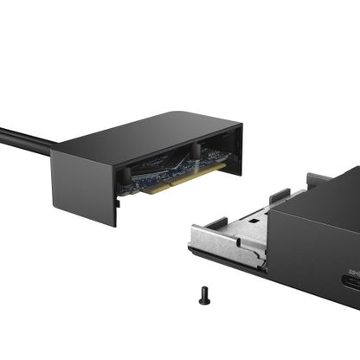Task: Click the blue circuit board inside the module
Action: (169, 169)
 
